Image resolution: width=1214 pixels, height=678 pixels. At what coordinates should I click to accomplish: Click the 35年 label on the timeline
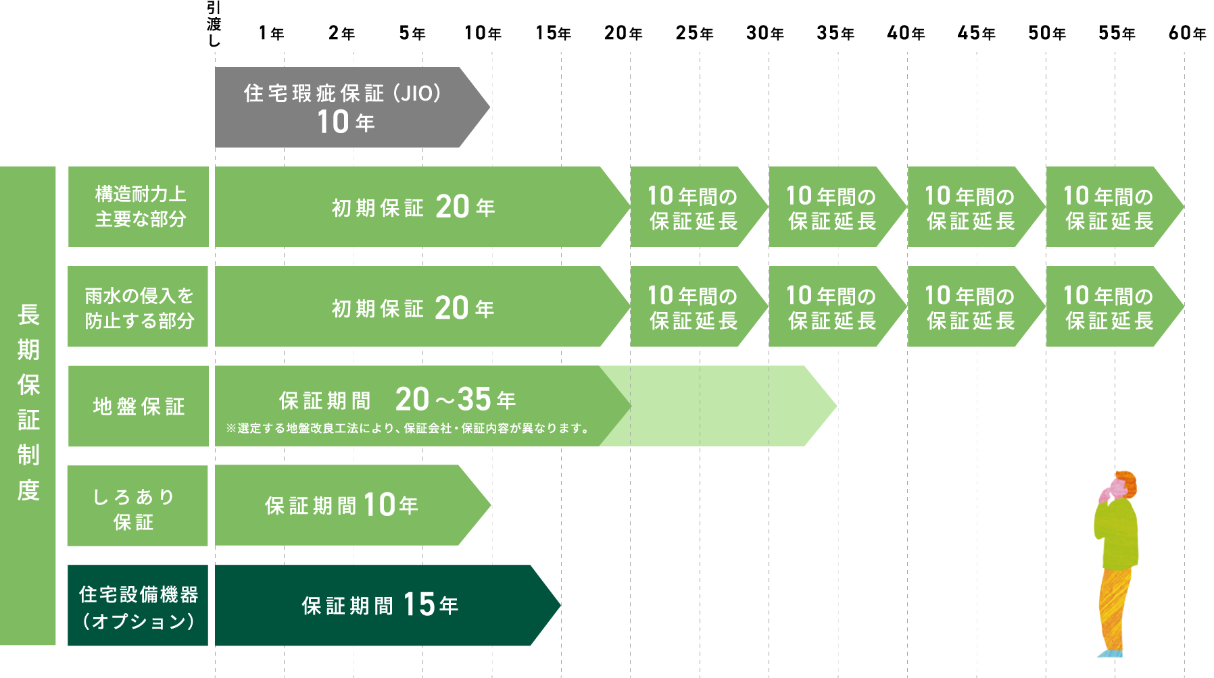(x=835, y=33)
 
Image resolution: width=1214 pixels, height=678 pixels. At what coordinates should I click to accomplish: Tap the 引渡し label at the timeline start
(x=214, y=24)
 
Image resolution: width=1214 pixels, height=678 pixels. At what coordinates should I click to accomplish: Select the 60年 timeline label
(x=1187, y=33)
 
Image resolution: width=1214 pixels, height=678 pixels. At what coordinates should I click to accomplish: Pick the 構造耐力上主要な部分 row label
(x=139, y=207)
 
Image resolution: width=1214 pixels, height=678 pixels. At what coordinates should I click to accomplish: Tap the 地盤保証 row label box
(x=139, y=406)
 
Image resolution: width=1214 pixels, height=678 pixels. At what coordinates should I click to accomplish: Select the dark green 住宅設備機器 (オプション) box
(x=138, y=606)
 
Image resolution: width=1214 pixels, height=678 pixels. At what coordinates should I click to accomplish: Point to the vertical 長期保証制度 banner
(x=28, y=405)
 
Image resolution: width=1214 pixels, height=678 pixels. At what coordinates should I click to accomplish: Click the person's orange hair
(x=1127, y=481)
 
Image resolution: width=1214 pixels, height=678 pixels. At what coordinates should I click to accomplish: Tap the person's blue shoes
(x=1110, y=654)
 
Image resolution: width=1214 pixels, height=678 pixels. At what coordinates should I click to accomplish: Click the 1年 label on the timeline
(x=271, y=33)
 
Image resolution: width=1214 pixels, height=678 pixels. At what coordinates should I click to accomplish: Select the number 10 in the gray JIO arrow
(x=333, y=122)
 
